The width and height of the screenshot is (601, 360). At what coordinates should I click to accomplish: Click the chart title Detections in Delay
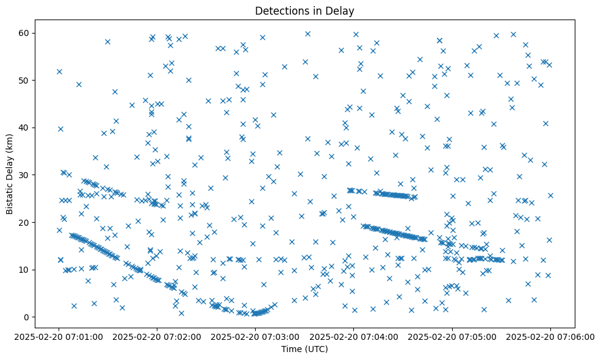click(x=304, y=10)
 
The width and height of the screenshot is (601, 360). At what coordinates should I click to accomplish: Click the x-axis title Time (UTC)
click(x=304, y=349)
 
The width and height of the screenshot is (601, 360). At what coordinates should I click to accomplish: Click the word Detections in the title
click(x=280, y=10)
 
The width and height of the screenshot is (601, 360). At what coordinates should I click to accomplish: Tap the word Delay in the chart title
click(x=342, y=10)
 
